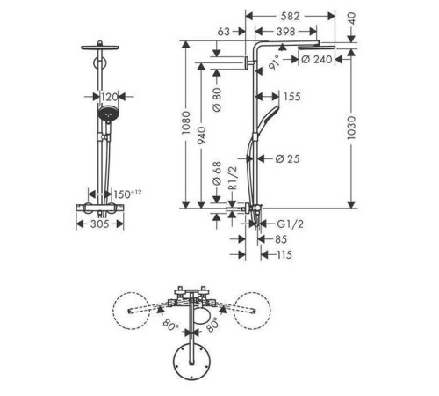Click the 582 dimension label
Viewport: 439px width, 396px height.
point(290,17)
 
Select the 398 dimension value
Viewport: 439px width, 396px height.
point(285,32)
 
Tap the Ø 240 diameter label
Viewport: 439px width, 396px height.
point(317,60)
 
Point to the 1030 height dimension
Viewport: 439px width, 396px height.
point(351,128)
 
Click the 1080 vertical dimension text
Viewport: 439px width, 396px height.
point(185,123)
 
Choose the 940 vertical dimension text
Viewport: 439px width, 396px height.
point(201,136)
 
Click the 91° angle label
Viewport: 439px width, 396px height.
point(274,62)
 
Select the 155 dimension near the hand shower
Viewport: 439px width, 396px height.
point(291,97)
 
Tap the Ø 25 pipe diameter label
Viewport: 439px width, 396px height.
point(287,159)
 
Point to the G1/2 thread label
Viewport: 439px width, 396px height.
point(290,224)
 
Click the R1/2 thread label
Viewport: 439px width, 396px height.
point(233,178)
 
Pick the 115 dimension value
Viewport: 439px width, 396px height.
point(284,254)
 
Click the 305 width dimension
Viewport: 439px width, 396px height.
point(100,224)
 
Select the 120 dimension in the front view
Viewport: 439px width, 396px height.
point(109,97)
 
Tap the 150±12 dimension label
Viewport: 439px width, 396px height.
point(127,194)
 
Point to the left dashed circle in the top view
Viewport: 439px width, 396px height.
point(132,311)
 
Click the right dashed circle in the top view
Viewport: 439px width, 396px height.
point(252,311)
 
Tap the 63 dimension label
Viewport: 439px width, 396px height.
point(224,32)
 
